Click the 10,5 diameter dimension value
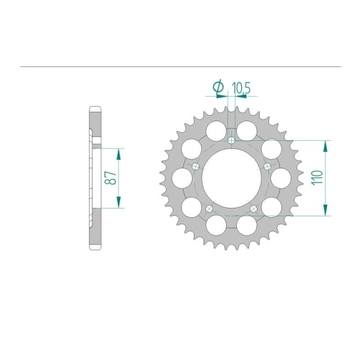(241, 88)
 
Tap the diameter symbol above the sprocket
(219, 87)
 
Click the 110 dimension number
(317, 177)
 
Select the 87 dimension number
(111, 177)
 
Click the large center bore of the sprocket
(231, 178)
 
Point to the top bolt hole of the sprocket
(232, 140)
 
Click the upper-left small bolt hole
(195, 167)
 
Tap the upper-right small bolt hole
(268, 167)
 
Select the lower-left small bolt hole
(209, 208)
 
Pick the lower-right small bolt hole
(254, 208)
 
